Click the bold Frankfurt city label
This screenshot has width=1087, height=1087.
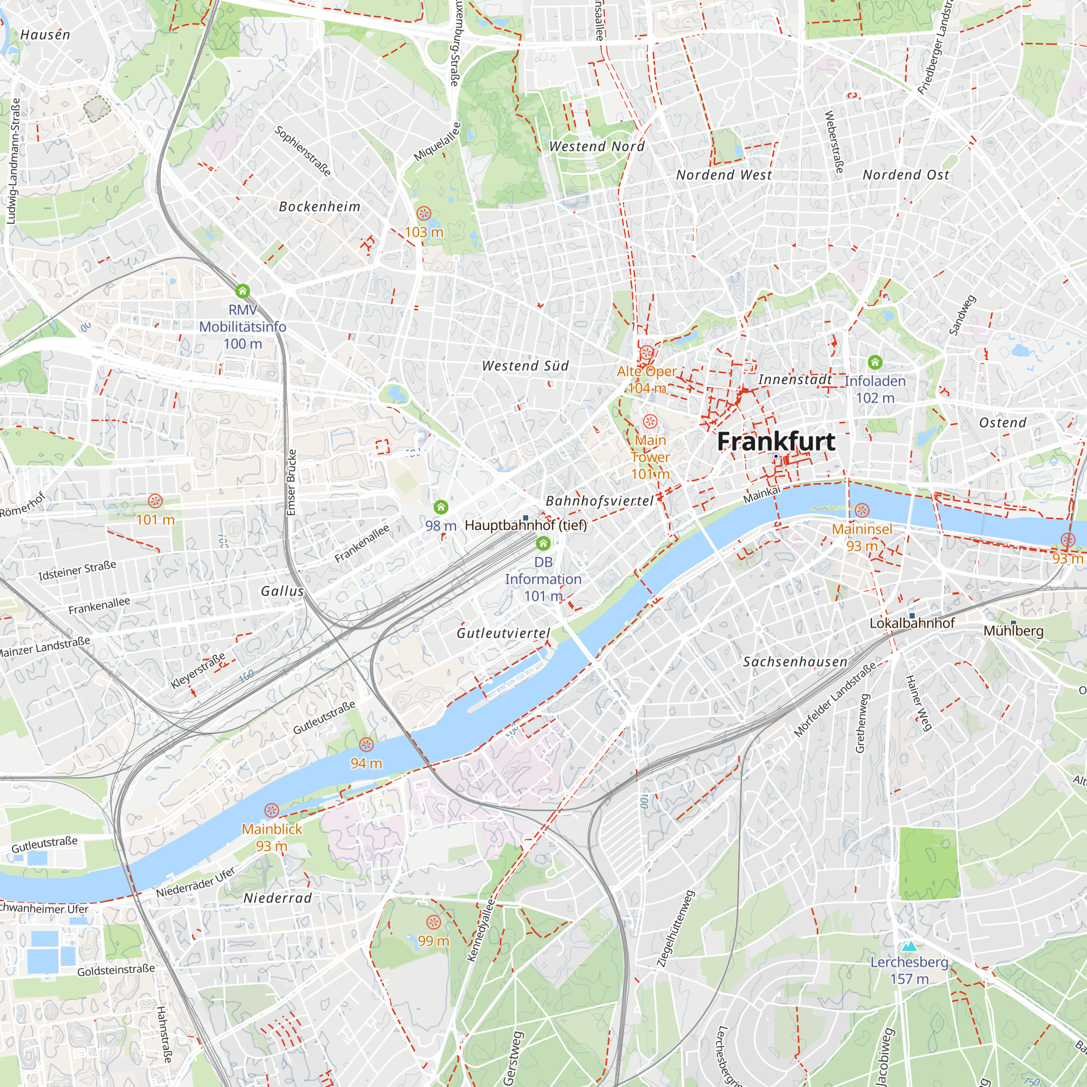pos(776,442)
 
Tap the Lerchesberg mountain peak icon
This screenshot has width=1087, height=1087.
pos(909,946)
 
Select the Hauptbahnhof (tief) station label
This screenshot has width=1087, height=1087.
pos(526,526)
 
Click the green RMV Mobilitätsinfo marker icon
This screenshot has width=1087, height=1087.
pos(242,291)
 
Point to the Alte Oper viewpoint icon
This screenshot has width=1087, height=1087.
pos(646,354)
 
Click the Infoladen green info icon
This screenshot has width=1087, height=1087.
pos(875,362)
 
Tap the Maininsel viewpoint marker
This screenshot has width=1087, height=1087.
pos(862,510)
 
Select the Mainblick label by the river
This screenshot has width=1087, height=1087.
pos(272,829)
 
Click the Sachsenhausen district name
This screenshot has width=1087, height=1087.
pos(795,661)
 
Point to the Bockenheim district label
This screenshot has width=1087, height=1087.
pos(320,207)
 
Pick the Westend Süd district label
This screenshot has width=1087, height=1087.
pos(526,366)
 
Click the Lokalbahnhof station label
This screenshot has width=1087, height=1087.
pos(912,623)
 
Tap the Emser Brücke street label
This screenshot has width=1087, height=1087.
pos(291,482)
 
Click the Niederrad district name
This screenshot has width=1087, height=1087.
pos(277,898)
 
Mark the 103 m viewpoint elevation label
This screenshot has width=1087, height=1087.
pos(424,232)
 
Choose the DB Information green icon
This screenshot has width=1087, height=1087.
pos(543,543)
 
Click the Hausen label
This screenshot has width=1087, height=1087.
pos(45,35)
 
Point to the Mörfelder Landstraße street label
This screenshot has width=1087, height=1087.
pos(835,699)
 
